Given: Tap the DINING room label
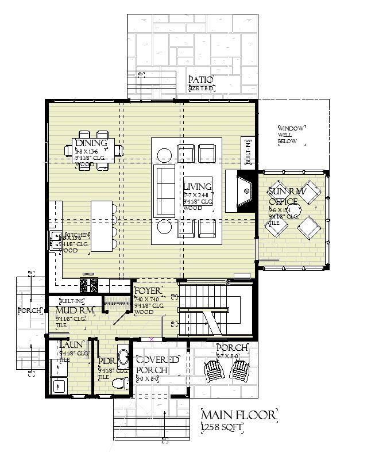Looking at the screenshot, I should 91,143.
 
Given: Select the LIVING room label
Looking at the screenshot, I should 197,187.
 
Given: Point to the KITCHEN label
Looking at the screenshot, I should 77,235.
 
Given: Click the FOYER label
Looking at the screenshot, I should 148,290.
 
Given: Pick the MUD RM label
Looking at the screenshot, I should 71,311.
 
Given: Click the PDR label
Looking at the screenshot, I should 107,362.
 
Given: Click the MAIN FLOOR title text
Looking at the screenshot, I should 238,415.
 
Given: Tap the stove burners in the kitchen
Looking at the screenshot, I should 90,284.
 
